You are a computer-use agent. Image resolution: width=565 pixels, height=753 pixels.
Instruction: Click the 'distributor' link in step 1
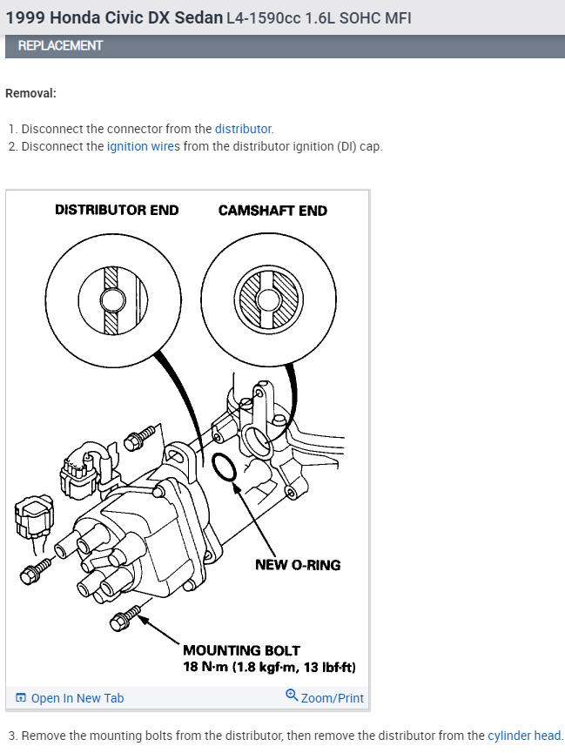(243, 129)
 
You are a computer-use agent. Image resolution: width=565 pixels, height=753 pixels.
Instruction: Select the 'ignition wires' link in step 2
(140, 146)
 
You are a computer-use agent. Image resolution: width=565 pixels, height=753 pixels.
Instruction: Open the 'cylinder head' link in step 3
(524, 736)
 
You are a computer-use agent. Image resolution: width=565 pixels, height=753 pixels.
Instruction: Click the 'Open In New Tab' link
(77, 698)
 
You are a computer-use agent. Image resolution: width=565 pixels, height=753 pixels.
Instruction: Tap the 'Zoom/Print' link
(332, 698)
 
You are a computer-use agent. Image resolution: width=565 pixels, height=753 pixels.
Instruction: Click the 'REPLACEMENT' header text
(60, 45)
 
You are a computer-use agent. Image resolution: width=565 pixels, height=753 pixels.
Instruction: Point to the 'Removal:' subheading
(30, 93)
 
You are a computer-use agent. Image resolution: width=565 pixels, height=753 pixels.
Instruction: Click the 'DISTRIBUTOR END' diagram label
(117, 210)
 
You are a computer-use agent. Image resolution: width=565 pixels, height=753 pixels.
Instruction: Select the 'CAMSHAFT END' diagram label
(272, 210)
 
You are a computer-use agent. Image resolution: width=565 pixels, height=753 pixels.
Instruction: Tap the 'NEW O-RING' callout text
(298, 565)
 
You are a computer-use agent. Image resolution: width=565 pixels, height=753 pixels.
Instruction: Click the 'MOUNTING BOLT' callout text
(241, 650)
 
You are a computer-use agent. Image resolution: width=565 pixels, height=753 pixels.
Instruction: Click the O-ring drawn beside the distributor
(225, 467)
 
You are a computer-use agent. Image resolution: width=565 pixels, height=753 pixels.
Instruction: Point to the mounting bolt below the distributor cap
(125, 620)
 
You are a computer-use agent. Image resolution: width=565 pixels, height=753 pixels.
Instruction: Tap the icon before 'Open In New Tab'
(21, 698)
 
